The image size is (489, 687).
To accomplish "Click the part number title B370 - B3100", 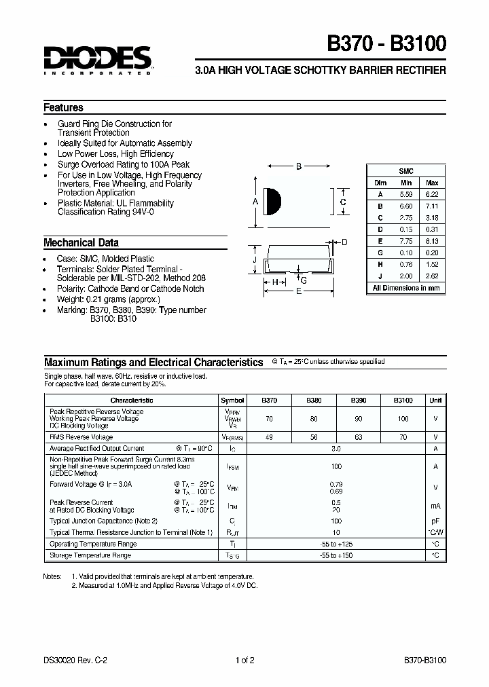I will point(387,44).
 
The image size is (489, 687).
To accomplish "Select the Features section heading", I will point(63,107).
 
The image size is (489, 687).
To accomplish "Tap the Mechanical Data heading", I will point(81,242).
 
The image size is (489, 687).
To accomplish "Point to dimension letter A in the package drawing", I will point(255,202).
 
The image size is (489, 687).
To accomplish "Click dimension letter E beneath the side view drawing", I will point(299,291).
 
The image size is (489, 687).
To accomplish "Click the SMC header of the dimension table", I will point(405,172).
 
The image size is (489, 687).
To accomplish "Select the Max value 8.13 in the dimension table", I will point(432,241).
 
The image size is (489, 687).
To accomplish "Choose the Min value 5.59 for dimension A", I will point(406,194).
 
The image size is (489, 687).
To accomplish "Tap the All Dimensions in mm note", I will point(405,288).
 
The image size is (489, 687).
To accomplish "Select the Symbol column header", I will point(232,401).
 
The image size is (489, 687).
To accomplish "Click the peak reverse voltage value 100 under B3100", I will point(403,419).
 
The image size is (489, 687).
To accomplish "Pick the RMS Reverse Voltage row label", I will point(81,437).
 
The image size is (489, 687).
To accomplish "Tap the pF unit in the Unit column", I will point(435,521).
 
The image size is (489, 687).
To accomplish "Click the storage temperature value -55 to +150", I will point(336,555).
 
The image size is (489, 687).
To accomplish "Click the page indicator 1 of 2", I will point(244,659).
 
